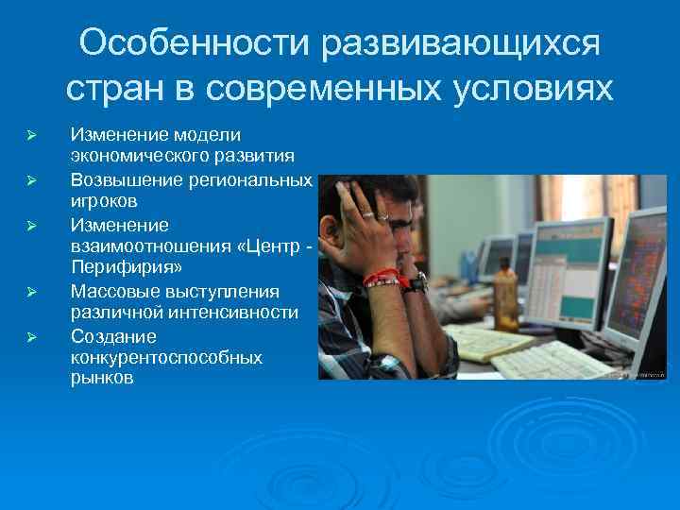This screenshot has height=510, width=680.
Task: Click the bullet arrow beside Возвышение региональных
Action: click(31, 179)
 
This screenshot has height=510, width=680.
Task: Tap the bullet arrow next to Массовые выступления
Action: click(31, 292)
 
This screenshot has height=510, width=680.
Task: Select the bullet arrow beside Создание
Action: click(31, 336)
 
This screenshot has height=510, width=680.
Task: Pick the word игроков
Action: click(105, 201)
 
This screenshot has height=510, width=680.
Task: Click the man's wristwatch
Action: click(416, 282)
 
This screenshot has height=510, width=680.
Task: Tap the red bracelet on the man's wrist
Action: click(382, 278)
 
